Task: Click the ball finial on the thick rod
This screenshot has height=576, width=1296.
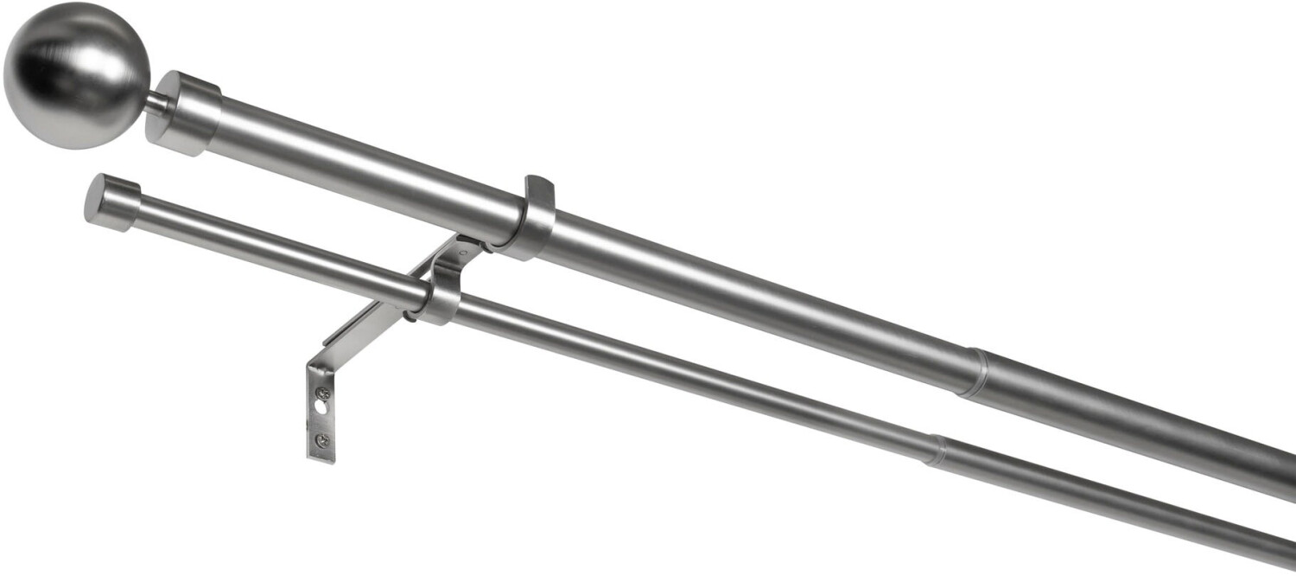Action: pos(76,75)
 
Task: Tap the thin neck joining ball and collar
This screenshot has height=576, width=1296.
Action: pos(156,105)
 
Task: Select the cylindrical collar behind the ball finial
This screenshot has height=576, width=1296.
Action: pos(183,113)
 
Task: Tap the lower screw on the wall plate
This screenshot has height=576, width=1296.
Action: pos(321,441)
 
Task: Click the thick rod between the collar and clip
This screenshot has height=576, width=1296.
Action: pos(363,165)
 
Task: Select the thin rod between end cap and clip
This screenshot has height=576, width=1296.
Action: pos(276,246)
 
